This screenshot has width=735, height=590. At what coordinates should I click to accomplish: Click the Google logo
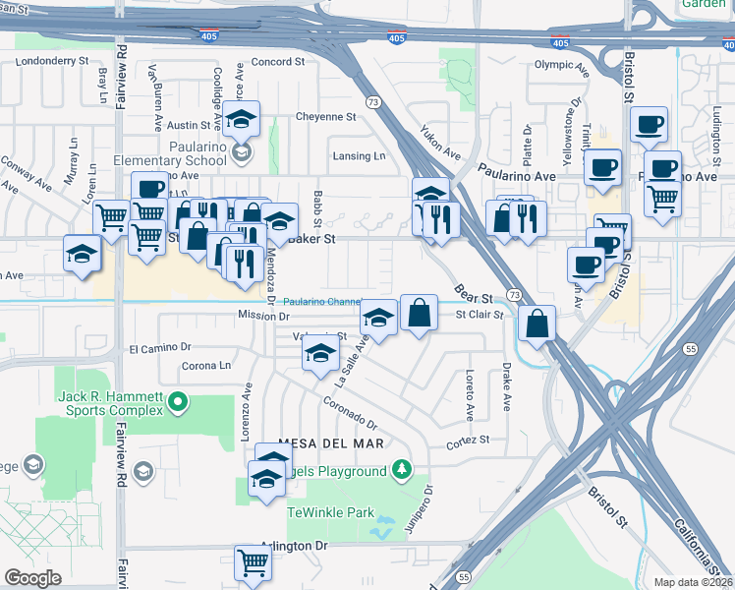point(32,578)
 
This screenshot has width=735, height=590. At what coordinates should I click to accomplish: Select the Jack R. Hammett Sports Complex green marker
point(178,400)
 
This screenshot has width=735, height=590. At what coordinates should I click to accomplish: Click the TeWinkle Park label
point(330,512)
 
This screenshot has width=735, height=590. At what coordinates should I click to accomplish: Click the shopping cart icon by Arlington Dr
point(254,562)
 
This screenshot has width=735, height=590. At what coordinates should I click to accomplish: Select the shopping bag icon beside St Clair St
point(419,312)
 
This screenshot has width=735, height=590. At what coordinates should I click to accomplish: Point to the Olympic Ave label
point(560,65)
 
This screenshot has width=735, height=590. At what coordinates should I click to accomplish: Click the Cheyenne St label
point(324,116)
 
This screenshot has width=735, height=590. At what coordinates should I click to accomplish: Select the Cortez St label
point(469,442)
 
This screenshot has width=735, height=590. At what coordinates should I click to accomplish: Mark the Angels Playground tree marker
point(401,471)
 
